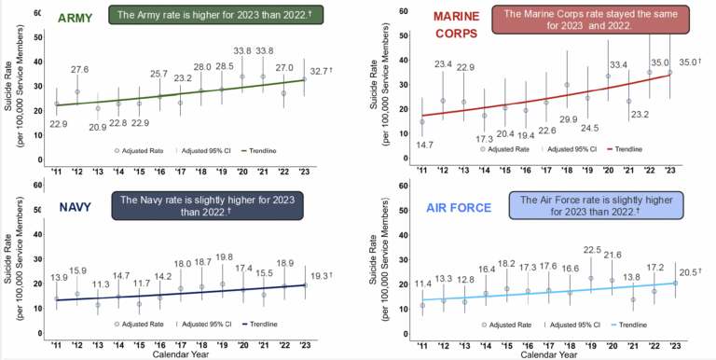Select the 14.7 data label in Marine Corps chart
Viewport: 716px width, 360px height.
coord(425,144)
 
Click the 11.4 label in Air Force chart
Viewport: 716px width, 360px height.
coord(424,282)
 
